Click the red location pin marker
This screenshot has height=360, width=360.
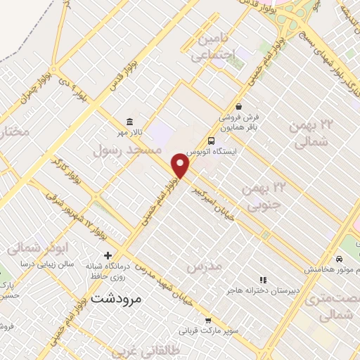181,167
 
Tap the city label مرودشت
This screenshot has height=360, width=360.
117,298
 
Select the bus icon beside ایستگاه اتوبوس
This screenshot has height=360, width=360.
212,140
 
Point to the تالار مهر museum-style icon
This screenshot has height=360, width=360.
129,120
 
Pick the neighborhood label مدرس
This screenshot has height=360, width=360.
205,266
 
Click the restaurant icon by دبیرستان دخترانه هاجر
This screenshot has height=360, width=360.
264,280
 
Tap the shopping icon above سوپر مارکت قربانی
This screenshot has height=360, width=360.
208,320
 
